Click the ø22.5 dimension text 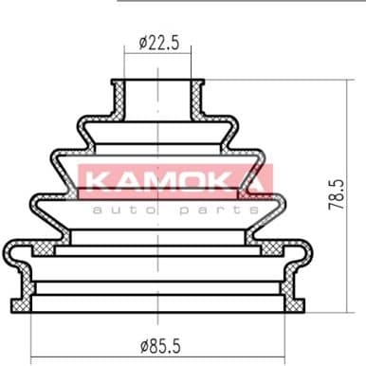156,42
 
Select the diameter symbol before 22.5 142,42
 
